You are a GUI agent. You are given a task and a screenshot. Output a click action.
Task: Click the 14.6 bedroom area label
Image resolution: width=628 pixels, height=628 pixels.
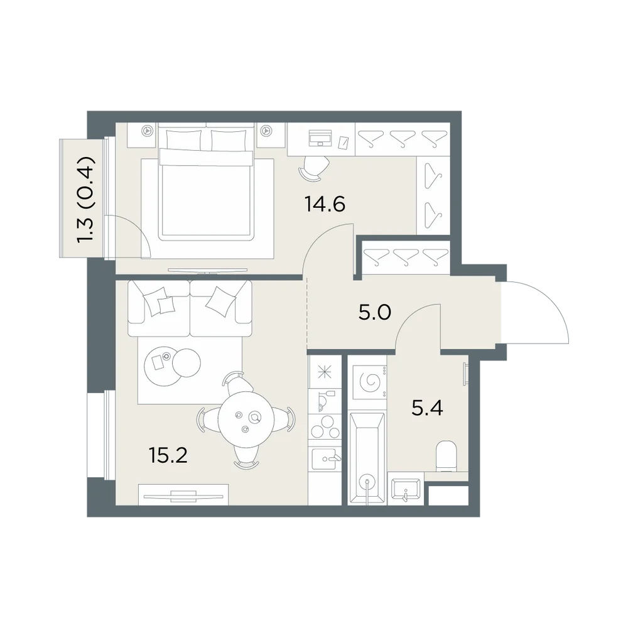pos(325,204)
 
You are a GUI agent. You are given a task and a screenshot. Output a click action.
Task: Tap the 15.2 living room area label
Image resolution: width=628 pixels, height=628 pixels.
pos(168,455)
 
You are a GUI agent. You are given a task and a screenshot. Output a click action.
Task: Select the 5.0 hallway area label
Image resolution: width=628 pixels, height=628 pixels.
pos(375,313)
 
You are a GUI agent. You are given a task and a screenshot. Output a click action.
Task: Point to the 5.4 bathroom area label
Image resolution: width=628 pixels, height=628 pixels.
pos(427,409)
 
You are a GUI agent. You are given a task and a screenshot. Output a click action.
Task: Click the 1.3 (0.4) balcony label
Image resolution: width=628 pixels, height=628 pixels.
pos(86,199)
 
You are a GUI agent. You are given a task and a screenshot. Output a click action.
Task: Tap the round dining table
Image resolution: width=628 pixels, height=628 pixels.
pos(246,421)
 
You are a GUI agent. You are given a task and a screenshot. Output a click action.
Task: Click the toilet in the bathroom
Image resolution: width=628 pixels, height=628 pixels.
pos(446,456)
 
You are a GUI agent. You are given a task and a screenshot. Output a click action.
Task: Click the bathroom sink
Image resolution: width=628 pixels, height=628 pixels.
pos(405,489)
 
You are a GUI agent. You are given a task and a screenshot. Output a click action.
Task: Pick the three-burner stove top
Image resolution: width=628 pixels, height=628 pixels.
pos(325,426)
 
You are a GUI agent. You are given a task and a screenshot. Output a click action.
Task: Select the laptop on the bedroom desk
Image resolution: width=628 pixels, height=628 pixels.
pos(320,138)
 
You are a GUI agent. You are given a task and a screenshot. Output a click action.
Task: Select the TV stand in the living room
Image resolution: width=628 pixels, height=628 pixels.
pos(183,495)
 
